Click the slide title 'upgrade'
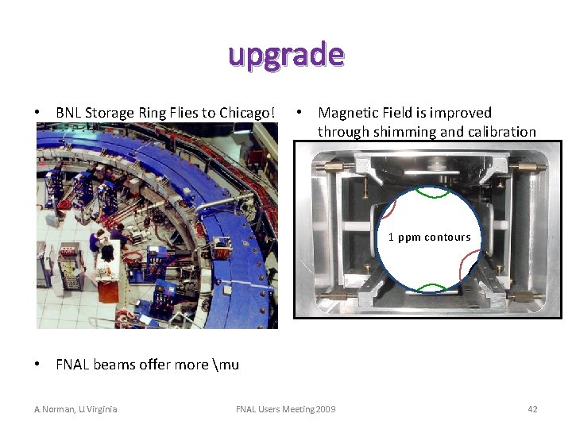pyautogui.click(x=286, y=55)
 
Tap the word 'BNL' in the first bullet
pyautogui.click(x=68, y=113)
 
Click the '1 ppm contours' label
pyautogui.click(x=429, y=237)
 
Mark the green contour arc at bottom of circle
pyautogui.click(x=429, y=287)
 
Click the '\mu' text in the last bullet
pyautogui.click(x=226, y=365)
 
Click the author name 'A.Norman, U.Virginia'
pyautogui.click(x=75, y=409)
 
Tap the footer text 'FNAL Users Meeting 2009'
pyautogui.click(x=286, y=409)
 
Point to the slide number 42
pyautogui.click(x=532, y=409)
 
